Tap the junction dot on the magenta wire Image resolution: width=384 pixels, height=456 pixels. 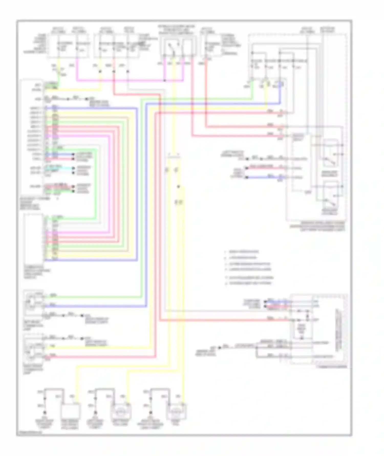point(165,80)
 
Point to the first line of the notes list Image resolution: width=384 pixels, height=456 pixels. point(243,252)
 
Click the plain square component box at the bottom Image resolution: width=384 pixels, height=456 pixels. point(70,412)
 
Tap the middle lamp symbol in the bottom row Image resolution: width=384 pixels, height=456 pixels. point(120,412)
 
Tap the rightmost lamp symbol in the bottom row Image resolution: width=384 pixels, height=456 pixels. point(176,412)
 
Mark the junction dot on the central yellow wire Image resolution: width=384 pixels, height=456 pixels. point(178,187)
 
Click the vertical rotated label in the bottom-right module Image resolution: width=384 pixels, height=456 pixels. point(338,330)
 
